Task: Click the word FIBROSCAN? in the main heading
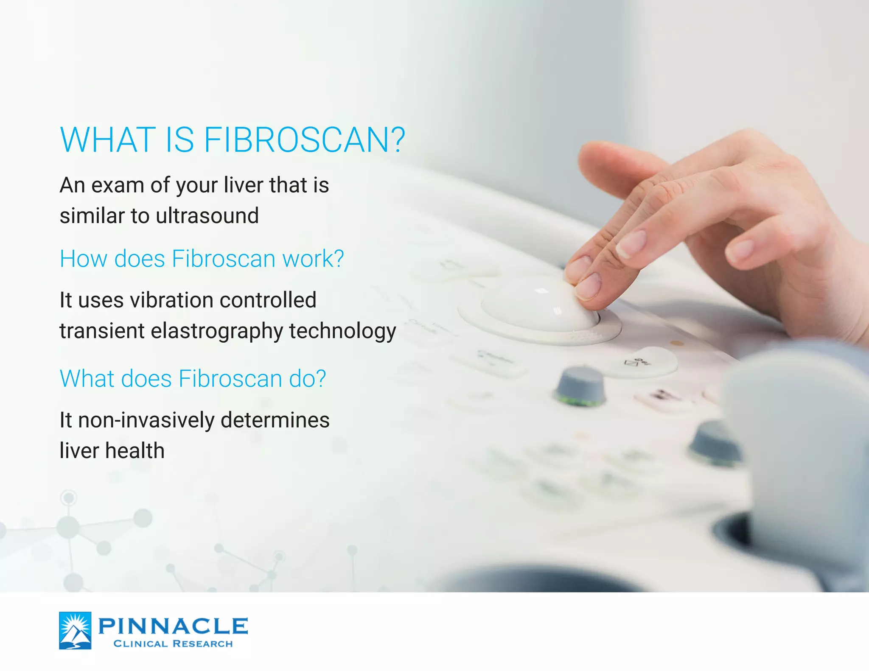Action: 304,140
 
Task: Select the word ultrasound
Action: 207,216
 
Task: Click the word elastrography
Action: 216,331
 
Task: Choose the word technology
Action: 342,331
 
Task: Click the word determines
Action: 275,420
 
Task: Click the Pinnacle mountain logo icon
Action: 75,630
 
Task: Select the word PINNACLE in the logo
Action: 173,626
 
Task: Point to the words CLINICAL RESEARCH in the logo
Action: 173,644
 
